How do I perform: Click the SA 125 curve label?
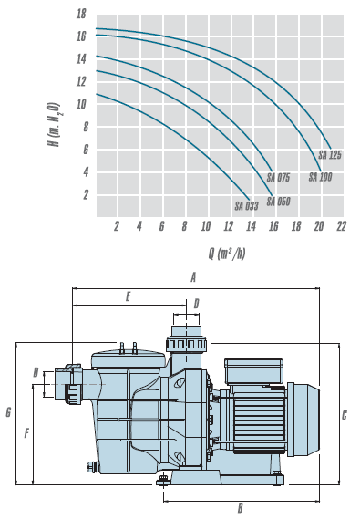pyautogui.click(x=330, y=155)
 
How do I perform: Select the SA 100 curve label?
pyautogui.click(x=320, y=177)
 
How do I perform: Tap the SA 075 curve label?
pyautogui.click(x=278, y=178)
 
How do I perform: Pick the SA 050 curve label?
pyautogui.click(x=278, y=202)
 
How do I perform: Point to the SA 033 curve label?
pyautogui.click(x=247, y=206)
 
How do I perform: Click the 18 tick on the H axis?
pyautogui.click(x=81, y=14)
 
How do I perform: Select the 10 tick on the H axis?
pyautogui.click(x=81, y=104)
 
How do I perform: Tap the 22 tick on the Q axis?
pyautogui.click(x=341, y=226)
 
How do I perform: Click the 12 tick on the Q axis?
pyautogui.click(x=229, y=226)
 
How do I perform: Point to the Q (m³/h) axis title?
pyautogui.click(x=227, y=254)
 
